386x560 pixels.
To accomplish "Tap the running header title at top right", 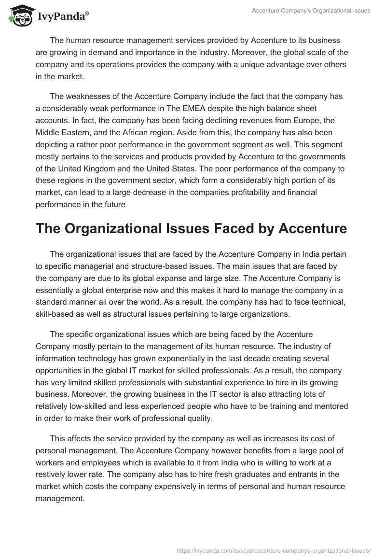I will coord(311,10).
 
